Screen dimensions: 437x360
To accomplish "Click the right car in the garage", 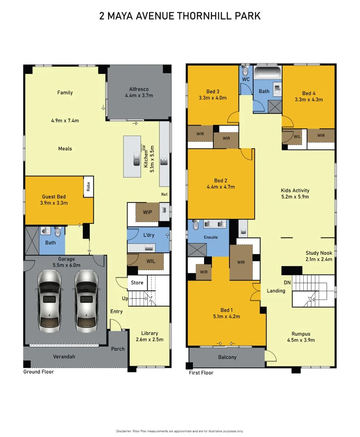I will point(86,299).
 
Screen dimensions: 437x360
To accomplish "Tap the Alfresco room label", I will point(139,89).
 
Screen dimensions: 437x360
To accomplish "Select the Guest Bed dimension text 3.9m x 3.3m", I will point(54,203).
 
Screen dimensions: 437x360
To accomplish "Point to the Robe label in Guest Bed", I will point(88,187).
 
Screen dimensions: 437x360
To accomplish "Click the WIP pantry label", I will point(148,212).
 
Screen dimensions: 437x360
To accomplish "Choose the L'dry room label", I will point(149,235).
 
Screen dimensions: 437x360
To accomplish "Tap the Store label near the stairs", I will point(137,283).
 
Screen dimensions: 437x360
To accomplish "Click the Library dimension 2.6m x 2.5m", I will point(149,339).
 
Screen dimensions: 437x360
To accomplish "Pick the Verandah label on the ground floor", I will point(64,356).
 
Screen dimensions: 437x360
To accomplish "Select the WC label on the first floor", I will point(246,79).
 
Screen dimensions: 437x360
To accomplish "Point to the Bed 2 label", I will point(221,181).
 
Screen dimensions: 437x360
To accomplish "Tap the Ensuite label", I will point(210,237).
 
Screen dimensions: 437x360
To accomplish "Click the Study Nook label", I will point(319,253).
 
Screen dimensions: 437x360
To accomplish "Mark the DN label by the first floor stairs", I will point(287,282).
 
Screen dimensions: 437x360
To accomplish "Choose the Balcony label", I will point(227,357).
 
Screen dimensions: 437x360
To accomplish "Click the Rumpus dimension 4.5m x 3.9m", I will point(301,340).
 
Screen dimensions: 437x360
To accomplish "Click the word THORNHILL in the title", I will point(203,16).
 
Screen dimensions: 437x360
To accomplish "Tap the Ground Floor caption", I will point(38,372).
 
